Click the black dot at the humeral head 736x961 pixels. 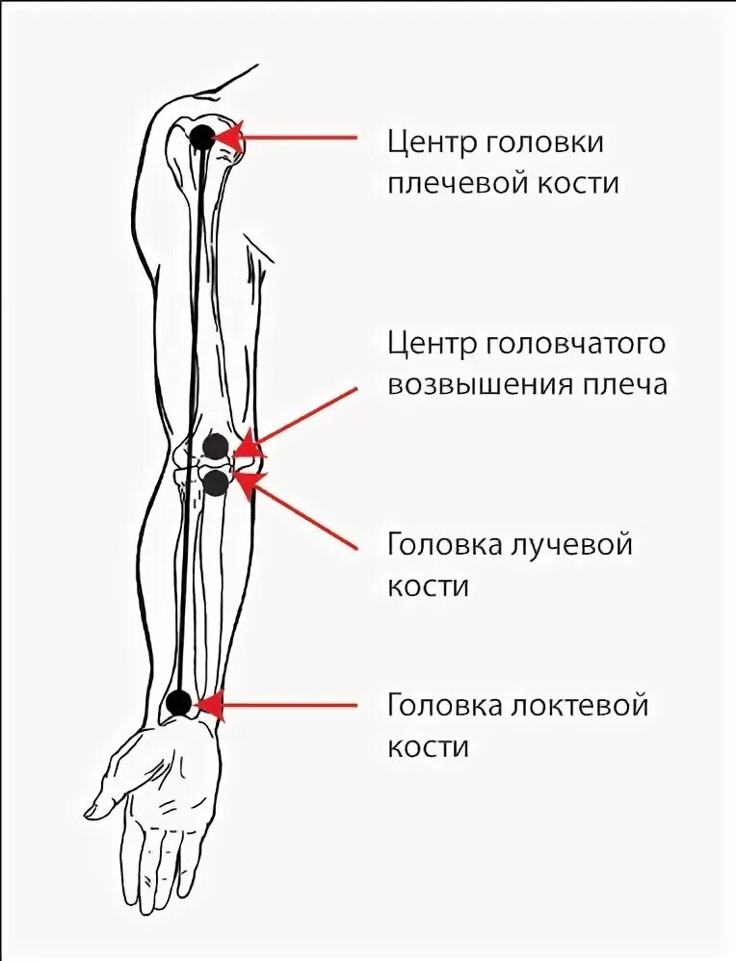coord(202,137)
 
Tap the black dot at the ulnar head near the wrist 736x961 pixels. coord(178,703)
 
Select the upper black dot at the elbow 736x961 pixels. coord(216,447)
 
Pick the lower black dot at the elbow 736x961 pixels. coord(216,481)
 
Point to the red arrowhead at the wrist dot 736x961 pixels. coord(209,706)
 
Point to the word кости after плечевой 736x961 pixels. coord(577,183)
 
